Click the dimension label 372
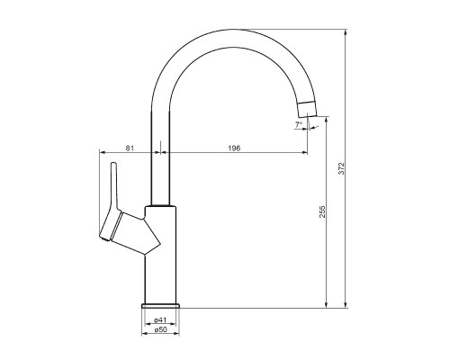pos(343,168)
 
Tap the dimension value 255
pos(322,211)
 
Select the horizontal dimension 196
pos(234,148)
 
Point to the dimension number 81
pos(130,148)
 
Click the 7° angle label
pos(299,124)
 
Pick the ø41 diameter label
pos(160,319)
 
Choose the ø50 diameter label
pos(160,329)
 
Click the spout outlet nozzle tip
pos(308,110)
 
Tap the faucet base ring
pos(160,306)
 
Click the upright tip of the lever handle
pos(113,164)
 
